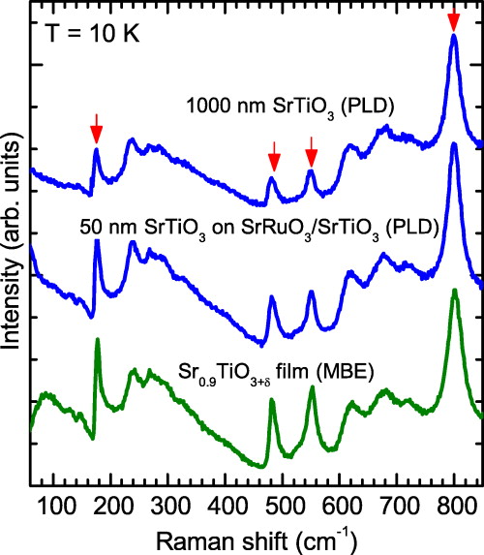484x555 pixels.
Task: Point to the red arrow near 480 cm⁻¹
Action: tap(274, 153)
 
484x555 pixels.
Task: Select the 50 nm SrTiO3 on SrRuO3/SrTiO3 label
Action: tap(260, 229)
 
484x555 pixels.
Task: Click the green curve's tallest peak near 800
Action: tap(454, 292)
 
